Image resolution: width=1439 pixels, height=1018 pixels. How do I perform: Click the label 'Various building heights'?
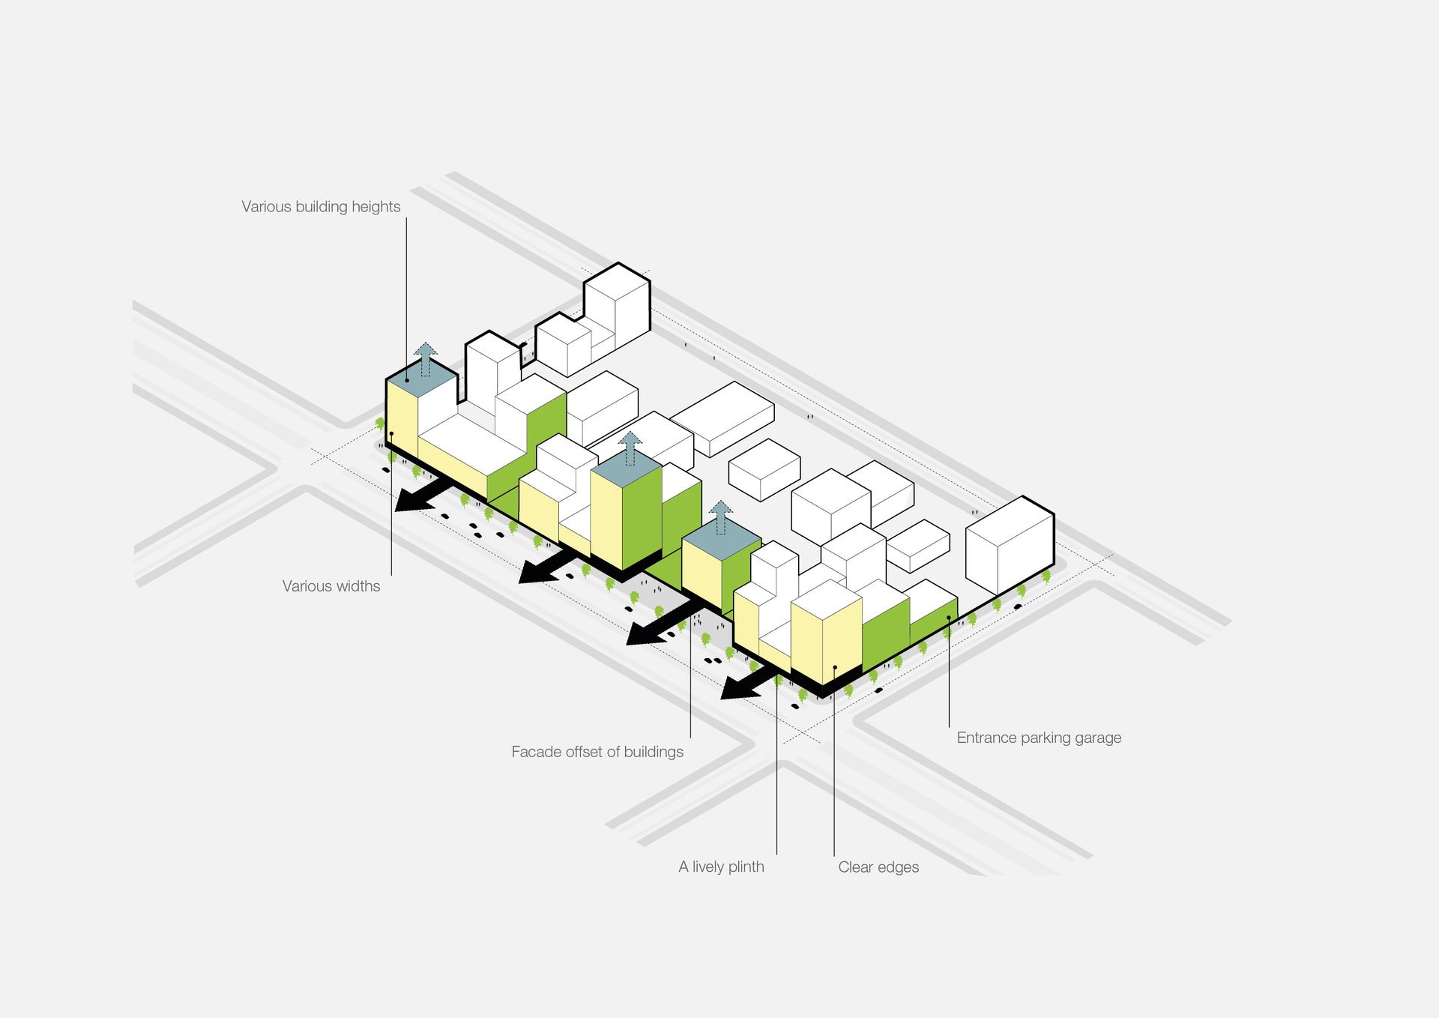point(321,207)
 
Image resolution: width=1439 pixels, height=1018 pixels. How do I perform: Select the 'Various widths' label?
point(331,586)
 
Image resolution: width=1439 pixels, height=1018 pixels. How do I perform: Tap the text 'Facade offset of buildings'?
point(597,752)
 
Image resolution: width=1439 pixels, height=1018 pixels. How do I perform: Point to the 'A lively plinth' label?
point(721,867)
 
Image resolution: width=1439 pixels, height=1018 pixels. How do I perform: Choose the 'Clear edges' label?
point(878,867)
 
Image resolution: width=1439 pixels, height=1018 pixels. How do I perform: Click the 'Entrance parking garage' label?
point(1039,738)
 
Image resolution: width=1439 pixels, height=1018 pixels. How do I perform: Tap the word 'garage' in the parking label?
point(1098,738)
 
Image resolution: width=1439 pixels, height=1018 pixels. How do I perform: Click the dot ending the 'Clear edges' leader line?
point(835,667)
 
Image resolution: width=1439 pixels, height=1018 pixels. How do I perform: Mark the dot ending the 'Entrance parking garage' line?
point(949,618)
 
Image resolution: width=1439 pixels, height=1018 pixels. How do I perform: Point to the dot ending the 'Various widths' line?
point(391,433)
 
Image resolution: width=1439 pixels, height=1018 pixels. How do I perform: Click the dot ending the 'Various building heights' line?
point(407,380)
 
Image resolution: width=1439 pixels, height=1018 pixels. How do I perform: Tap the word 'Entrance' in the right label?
point(986,738)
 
